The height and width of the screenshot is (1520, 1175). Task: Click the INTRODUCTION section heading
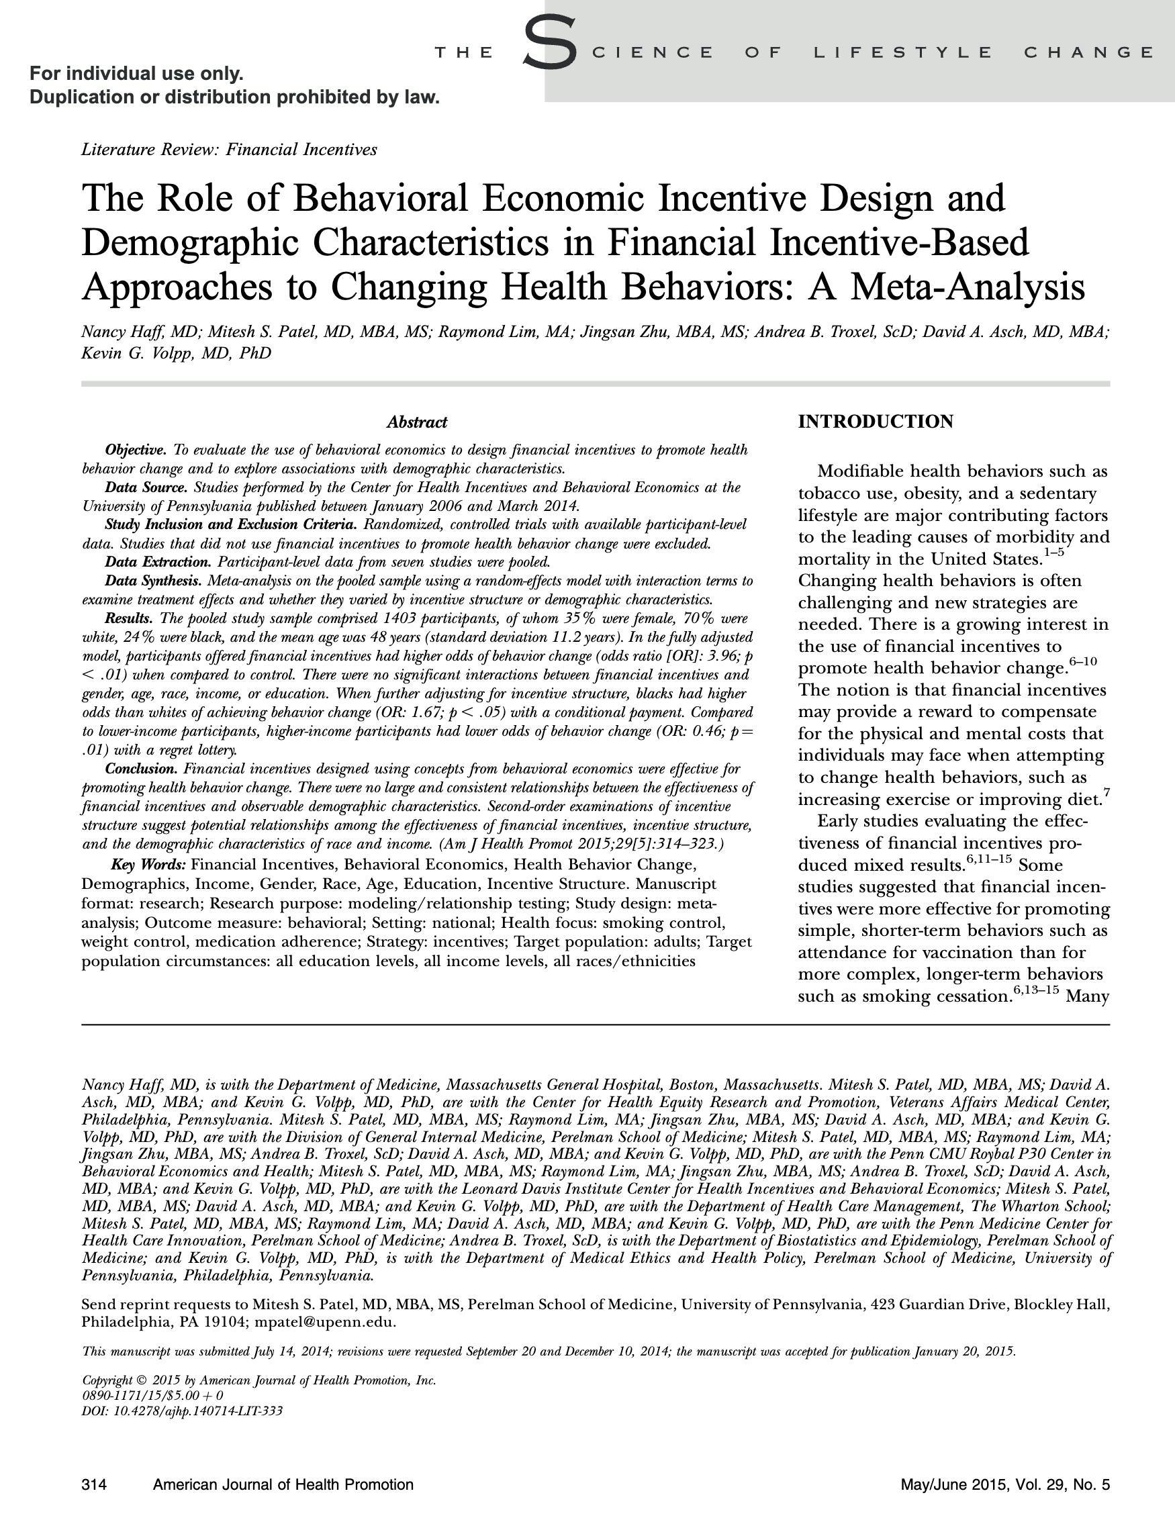click(x=875, y=422)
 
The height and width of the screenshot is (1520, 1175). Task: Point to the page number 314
click(x=93, y=1484)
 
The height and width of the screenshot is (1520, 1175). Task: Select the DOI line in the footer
click(x=183, y=1411)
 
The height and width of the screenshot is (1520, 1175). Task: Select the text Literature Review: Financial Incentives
click(x=229, y=150)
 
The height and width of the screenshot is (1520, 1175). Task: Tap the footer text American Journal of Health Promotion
click(x=283, y=1484)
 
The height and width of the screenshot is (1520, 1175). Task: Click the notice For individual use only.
click(x=136, y=73)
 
